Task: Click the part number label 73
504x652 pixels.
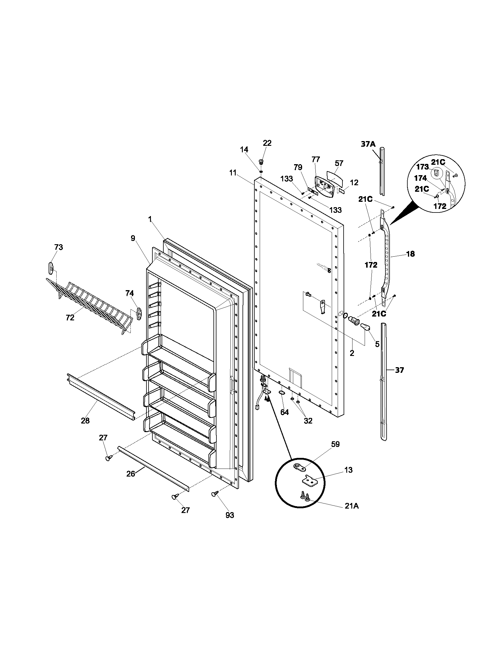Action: pos(58,247)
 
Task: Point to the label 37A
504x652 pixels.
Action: pos(368,144)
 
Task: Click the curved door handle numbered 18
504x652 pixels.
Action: pos(387,257)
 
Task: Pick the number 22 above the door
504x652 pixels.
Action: pos(267,143)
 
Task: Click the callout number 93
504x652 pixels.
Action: pos(229,515)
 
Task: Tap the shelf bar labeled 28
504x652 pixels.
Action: pos(100,396)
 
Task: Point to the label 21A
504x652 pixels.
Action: pos(351,506)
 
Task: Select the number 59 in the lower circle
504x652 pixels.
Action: pos(335,444)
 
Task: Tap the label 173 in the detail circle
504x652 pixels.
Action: pos(422,167)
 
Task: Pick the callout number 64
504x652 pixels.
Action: pos(285,412)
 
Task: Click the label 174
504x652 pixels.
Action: pos(420,178)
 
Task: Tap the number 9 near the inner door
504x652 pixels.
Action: pos(133,238)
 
